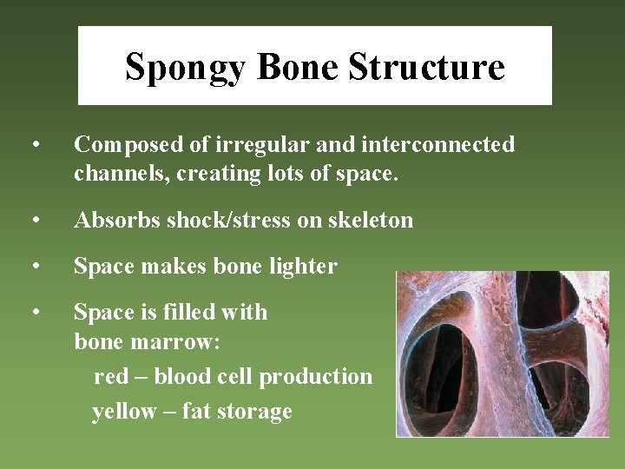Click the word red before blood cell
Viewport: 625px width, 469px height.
click(110, 377)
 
